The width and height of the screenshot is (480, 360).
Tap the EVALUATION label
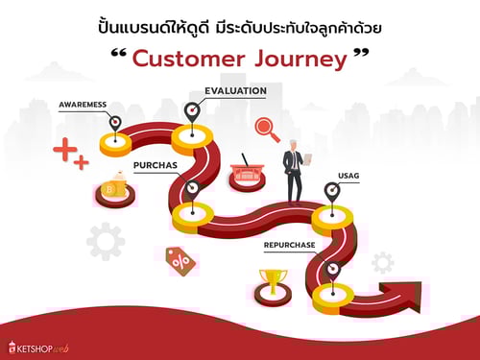tap(235, 90)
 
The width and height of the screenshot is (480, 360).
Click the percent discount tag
tap(180, 259)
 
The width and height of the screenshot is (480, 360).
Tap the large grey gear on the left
tap(106, 240)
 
